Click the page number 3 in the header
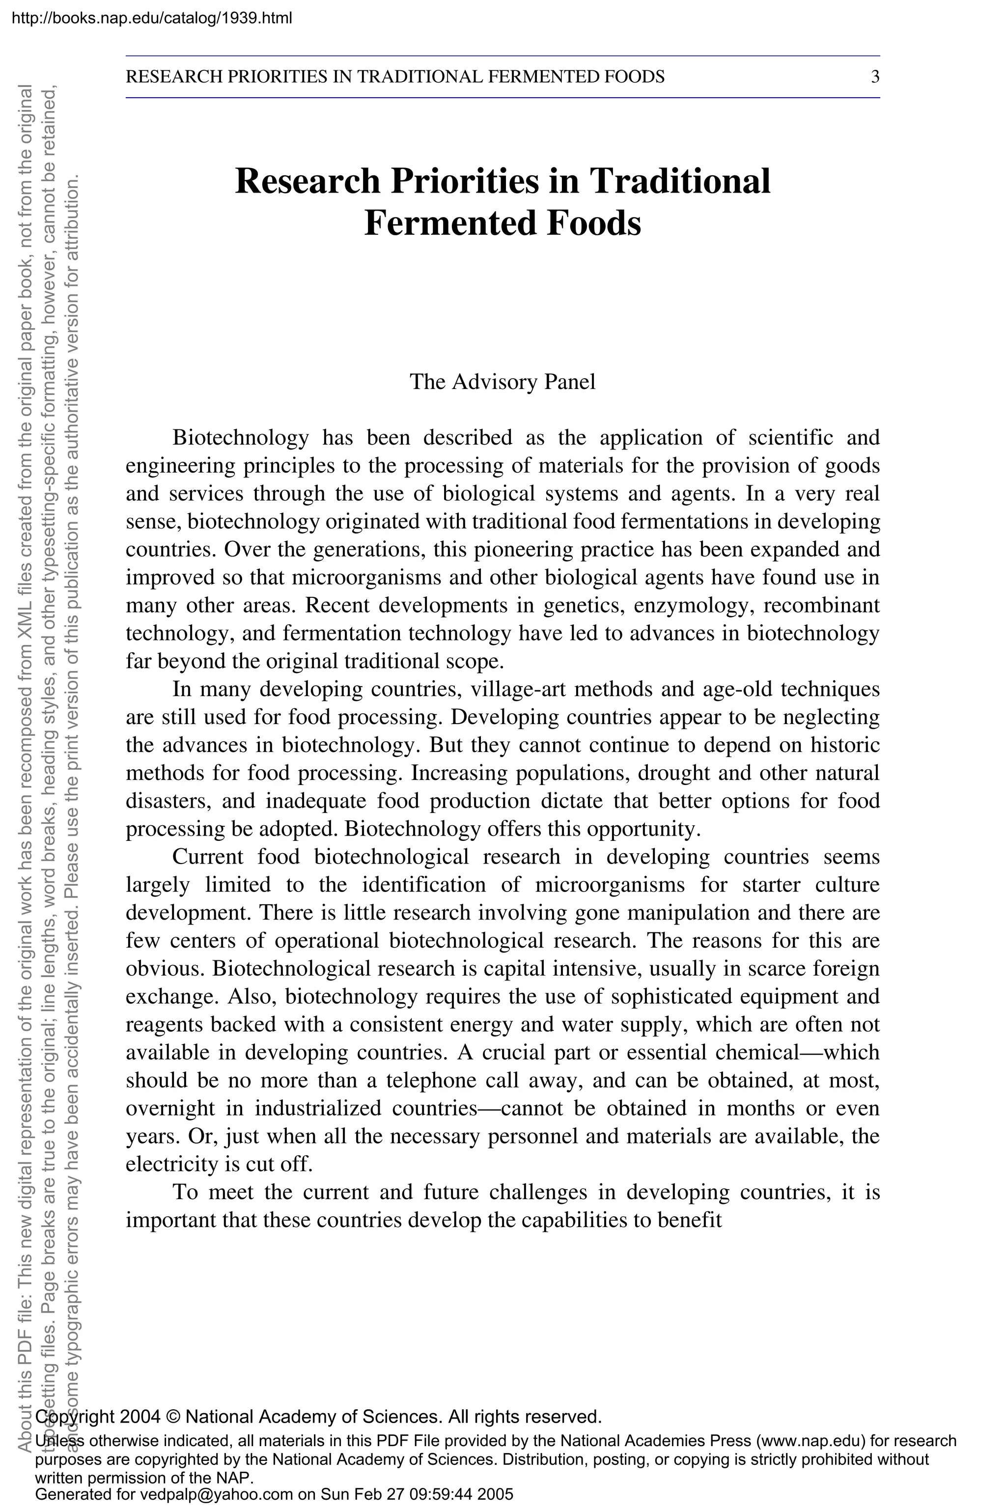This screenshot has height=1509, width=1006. [875, 78]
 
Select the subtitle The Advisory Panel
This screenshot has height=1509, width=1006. [503, 382]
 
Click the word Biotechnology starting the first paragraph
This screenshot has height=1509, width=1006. [241, 438]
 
